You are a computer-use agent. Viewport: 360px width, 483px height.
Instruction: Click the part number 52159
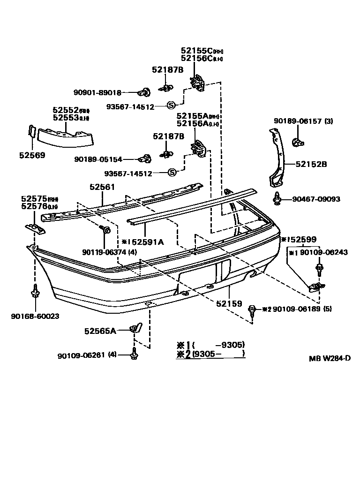click(229, 304)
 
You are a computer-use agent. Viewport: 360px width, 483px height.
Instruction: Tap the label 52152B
click(311, 164)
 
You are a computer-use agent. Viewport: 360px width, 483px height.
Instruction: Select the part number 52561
click(102, 187)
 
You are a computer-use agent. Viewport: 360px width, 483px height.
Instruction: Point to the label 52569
click(32, 155)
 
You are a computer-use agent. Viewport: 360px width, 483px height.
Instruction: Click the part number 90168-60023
click(35, 316)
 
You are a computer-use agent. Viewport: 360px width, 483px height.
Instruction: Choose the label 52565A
click(100, 331)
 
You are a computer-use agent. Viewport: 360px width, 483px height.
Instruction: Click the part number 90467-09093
click(316, 199)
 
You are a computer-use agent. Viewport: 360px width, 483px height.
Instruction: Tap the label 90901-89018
click(97, 92)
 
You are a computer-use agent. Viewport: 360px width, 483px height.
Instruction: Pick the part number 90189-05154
click(98, 159)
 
